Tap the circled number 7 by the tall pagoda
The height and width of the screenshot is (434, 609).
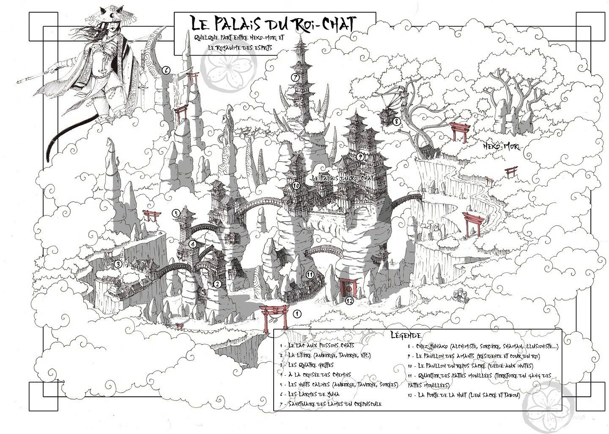point(295,77)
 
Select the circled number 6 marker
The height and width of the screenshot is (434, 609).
point(166,70)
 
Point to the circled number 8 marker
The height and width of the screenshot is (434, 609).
point(396,121)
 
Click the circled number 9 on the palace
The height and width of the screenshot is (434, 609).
point(360,157)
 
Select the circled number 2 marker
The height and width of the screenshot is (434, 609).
point(217,284)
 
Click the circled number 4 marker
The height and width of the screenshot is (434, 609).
point(192,244)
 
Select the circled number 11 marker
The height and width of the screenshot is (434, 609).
point(310,275)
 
